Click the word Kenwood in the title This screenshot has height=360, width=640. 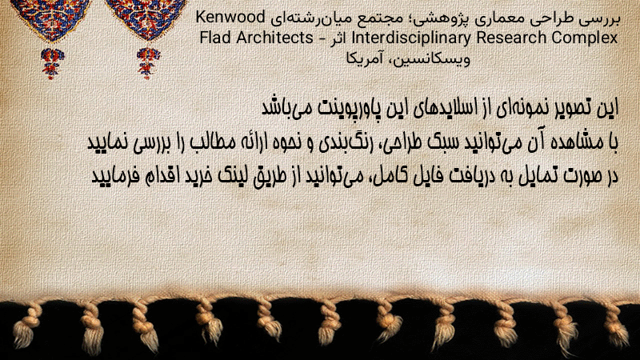(230, 17)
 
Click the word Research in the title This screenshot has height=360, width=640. (511, 38)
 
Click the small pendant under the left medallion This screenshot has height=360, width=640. (52, 63)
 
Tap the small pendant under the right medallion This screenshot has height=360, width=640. (148, 63)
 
